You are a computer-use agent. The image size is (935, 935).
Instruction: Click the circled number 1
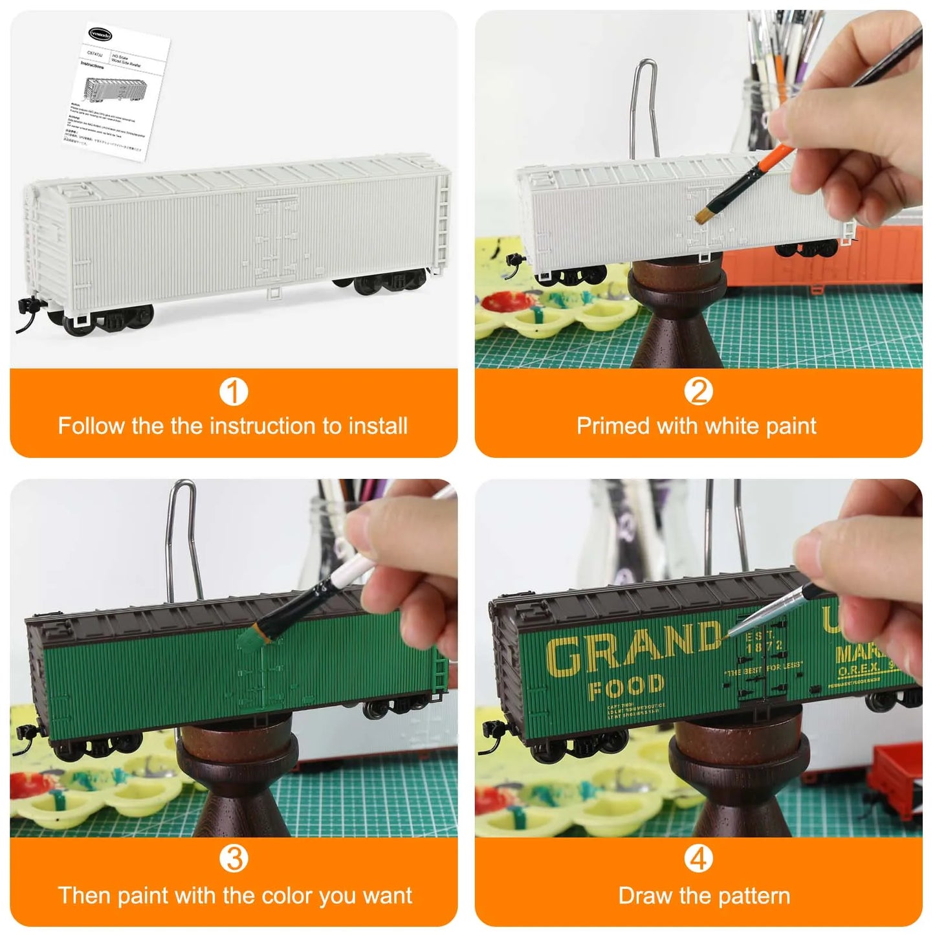pyautogui.click(x=234, y=392)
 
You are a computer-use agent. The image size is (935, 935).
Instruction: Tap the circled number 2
pyautogui.click(x=698, y=392)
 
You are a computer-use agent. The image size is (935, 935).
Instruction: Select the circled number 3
pyautogui.click(x=234, y=859)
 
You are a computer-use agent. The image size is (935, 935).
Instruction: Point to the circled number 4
pyautogui.click(x=698, y=859)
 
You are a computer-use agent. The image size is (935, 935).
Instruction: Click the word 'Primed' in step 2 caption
pyautogui.click(x=613, y=426)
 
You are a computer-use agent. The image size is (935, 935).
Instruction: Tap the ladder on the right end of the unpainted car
pyautogui.click(x=443, y=217)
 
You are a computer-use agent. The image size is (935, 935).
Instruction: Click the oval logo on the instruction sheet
pyautogui.click(x=100, y=34)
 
